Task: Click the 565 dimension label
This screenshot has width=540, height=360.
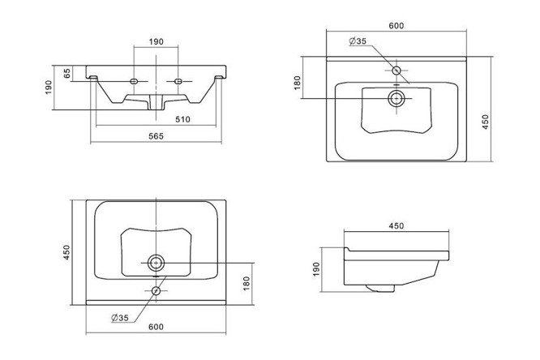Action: coord(156,136)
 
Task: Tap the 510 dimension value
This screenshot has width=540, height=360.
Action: coord(183,119)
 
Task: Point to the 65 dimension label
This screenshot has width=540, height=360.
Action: coord(67,73)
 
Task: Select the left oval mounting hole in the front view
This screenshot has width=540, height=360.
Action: coord(134,81)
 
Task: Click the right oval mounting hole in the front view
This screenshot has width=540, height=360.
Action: coord(178,81)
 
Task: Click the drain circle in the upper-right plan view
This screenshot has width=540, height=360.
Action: coord(396,99)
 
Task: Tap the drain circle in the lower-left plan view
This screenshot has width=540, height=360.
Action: coord(156,264)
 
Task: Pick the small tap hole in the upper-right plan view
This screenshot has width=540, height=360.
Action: coord(396,71)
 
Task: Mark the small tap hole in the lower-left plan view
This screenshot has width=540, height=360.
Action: coord(156,291)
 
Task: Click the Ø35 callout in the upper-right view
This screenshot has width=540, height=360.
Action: coord(358,41)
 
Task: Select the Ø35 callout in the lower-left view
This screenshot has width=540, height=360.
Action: coord(120,318)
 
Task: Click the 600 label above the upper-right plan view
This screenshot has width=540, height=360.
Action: coord(396,26)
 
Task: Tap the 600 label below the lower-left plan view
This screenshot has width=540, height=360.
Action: coord(156,327)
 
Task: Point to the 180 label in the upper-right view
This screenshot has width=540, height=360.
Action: coord(298,83)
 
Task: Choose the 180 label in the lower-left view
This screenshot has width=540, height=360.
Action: coord(246,283)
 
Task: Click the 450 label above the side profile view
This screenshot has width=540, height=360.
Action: coord(396,226)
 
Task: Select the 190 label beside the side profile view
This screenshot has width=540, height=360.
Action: coord(316,269)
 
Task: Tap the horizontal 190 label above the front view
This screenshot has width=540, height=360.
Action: coord(156,41)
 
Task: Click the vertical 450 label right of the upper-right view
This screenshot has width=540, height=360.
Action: coord(485,122)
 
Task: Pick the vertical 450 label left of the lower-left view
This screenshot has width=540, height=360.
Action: coord(66,252)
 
